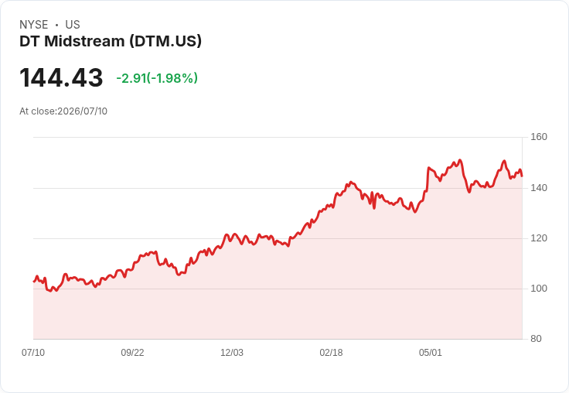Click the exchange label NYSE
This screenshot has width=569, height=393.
coord(34,25)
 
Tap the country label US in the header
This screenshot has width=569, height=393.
coord(73,25)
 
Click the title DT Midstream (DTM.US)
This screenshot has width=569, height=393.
coord(111,41)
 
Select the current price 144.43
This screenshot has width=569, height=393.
coord(61,77)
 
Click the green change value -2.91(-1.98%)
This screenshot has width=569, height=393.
coord(157,77)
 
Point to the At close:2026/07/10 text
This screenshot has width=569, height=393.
coord(63,111)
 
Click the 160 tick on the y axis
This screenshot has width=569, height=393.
coord(539,137)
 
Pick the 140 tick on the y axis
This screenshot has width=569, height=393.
coord(539,188)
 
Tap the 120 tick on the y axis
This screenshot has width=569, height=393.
coord(539,238)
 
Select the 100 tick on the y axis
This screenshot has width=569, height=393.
coord(539,289)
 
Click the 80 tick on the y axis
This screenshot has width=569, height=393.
coord(536,339)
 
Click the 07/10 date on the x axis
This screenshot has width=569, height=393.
coord(33,353)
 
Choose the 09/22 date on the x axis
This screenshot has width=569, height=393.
coord(132,353)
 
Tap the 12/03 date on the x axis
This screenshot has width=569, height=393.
coord(232,353)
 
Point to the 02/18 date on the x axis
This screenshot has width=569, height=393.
coord(331,353)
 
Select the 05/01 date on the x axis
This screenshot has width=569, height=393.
coord(431,353)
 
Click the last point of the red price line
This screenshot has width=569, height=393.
coord(522,176)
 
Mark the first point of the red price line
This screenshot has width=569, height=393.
coord(34,281)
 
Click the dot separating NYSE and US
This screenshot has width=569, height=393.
coord(56,25)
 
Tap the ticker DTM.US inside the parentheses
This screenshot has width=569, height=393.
coord(165,41)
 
